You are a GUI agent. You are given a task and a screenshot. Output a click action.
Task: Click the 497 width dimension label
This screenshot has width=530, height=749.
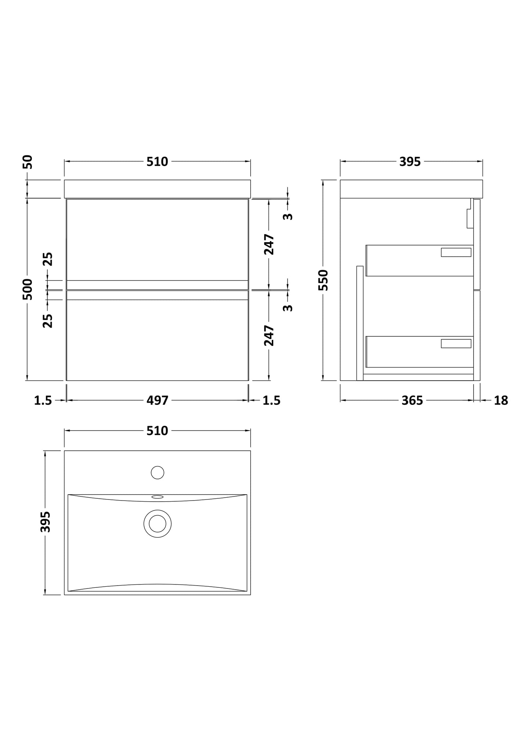pos(157,401)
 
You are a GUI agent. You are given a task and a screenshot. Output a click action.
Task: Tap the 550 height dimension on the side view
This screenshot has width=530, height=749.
pos(323,280)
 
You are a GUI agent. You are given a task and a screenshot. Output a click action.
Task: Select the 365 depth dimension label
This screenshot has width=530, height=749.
pos(412,401)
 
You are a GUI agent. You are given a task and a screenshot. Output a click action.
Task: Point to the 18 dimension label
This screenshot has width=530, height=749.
pos(501,401)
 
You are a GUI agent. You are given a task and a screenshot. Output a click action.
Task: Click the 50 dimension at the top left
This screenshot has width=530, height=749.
pos(28,162)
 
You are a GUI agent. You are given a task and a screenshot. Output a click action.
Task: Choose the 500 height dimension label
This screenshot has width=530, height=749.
pos(28,289)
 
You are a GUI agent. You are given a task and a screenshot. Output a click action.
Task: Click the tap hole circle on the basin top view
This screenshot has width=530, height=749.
pos(157,472)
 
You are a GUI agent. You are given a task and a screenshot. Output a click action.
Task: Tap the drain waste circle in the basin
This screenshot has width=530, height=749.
pos(157,523)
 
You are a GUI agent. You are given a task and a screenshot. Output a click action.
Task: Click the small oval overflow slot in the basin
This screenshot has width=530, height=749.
pos(157,497)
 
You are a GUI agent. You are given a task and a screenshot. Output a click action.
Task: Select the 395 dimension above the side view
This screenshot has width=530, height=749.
pos(410,162)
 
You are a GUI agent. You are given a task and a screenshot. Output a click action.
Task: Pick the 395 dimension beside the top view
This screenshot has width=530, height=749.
pos(45,522)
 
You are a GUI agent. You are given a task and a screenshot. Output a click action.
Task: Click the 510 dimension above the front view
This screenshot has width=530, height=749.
pos(157,162)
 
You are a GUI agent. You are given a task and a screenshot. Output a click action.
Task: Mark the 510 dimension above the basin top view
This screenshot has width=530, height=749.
pos(157,431)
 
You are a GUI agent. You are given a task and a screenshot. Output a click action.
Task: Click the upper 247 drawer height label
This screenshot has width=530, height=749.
pos(269,244)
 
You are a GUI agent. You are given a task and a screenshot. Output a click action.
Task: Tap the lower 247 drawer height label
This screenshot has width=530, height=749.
pos(269,335)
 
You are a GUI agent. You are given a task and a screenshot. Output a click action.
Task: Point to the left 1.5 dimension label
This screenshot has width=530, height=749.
pos(43,401)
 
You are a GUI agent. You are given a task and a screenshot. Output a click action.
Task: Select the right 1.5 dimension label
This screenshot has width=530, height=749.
pos(271,401)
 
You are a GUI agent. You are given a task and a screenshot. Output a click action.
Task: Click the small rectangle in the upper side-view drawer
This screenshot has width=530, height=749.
pos(456,252)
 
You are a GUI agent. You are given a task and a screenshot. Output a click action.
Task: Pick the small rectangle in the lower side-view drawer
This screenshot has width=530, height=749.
pos(456,343)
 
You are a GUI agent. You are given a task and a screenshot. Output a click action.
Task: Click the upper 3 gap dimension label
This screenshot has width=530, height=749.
pos(289,216)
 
